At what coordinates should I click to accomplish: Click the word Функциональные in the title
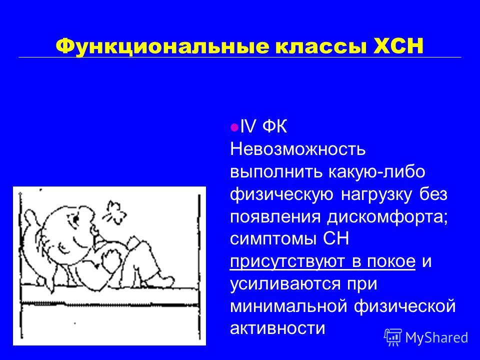click(162, 46)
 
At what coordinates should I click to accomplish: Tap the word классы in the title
click(321, 47)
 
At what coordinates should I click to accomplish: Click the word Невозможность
click(298, 149)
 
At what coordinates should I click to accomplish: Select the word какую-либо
click(377, 171)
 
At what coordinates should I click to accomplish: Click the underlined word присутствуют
click(288, 262)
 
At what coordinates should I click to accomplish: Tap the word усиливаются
click(285, 284)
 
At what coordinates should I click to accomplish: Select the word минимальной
click(288, 306)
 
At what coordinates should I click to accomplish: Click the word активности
click(277, 328)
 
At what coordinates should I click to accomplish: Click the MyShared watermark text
click(437, 337)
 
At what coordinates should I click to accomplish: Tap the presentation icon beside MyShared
click(393, 337)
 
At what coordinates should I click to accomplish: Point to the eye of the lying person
click(75, 219)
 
